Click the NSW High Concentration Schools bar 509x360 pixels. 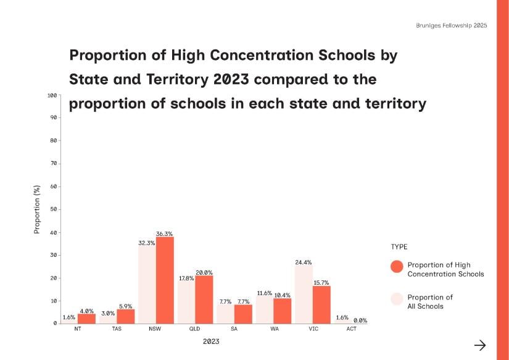click(x=165, y=280)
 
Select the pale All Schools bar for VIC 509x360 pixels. click(x=304, y=295)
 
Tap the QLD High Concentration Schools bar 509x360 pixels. click(x=204, y=299)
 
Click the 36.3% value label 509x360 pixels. click(x=164, y=234)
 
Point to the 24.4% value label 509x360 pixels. click(x=304, y=262)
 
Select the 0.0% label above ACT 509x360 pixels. click(x=360, y=320)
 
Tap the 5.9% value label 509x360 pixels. click(x=126, y=306)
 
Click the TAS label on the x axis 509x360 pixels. click(x=117, y=329)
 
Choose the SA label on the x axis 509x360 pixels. click(x=234, y=329)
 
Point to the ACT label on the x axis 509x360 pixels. click(x=352, y=329)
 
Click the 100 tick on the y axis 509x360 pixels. click(x=52, y=95)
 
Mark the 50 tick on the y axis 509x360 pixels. click(x=54, y=209)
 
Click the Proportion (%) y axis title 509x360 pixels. click(x=36, y=209)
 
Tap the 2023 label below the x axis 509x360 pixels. click(x=211, y=341)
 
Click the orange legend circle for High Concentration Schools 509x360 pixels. click(x=397, y=266)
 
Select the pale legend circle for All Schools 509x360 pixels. click(x=397, y=299)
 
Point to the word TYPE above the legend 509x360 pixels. click(x=399, y=246)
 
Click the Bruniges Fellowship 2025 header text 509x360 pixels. click(x=452, y=25)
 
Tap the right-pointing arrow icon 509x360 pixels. click(x=480, y=345)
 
